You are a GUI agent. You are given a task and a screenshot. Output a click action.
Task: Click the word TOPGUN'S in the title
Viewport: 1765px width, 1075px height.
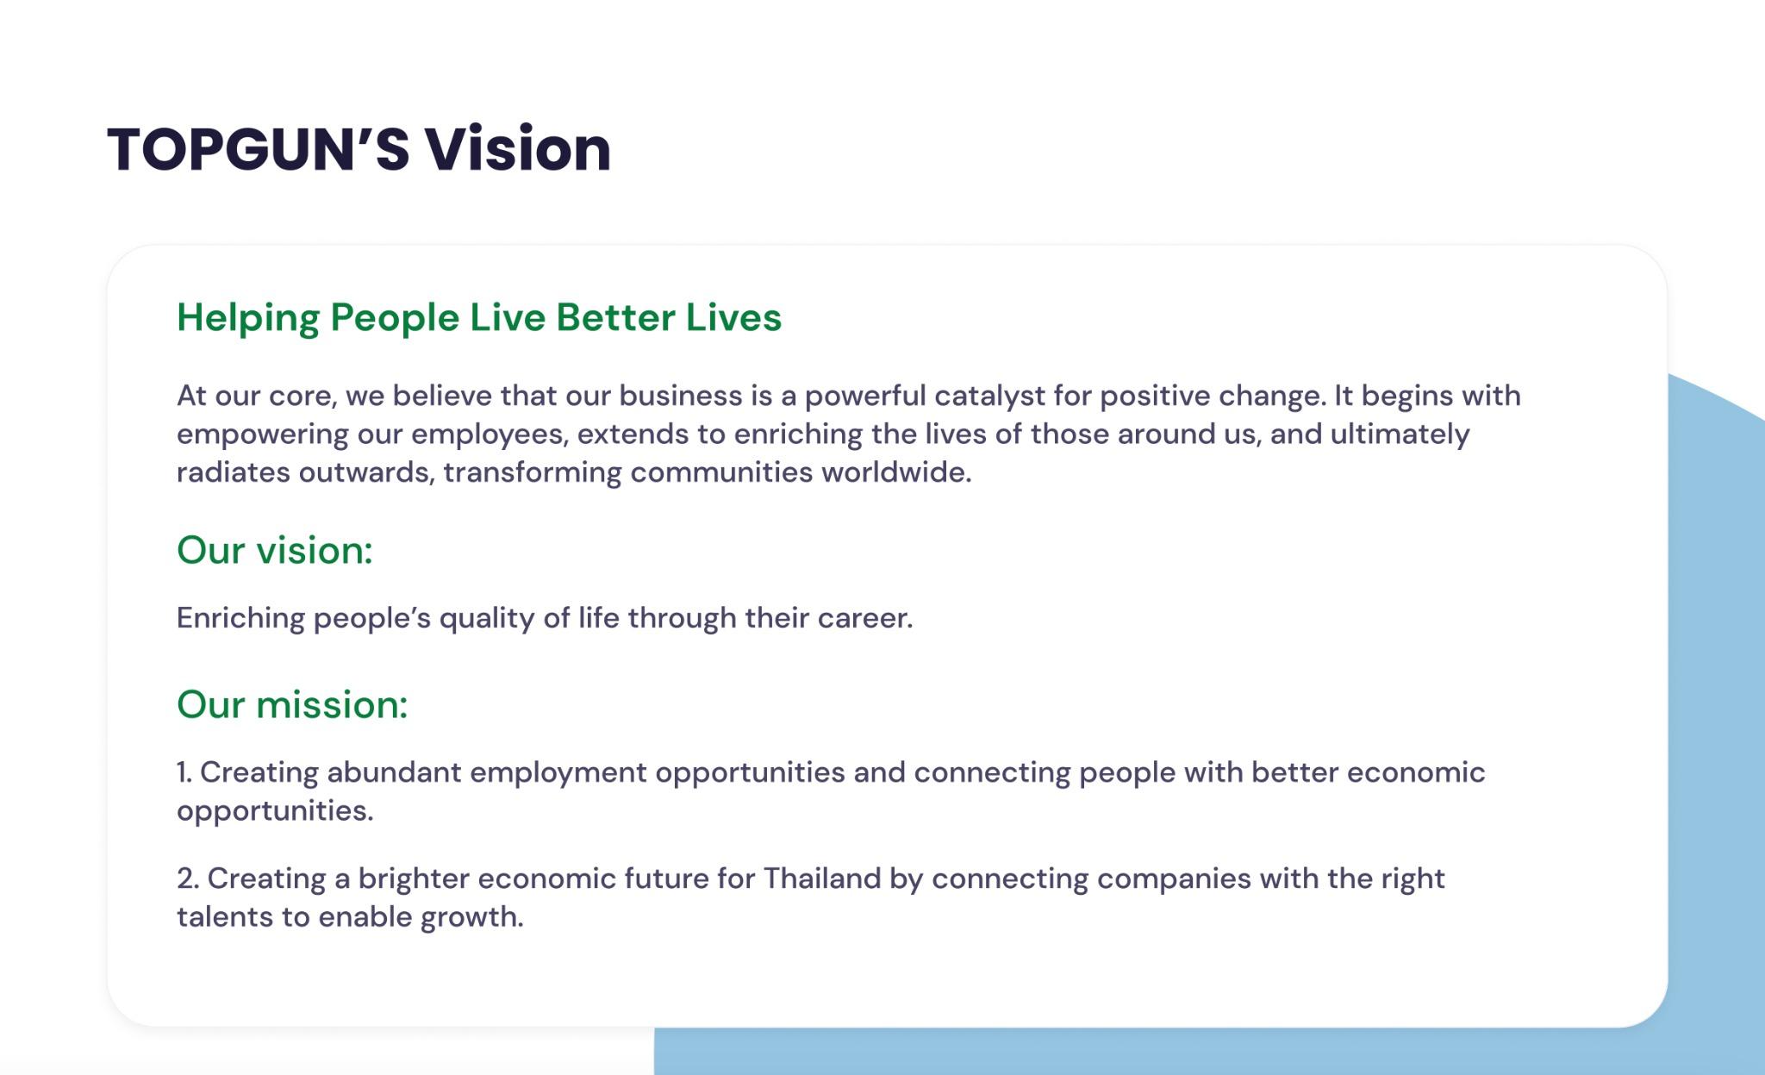tap(259, 148)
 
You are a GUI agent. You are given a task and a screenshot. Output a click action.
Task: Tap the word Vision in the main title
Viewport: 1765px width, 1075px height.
tap(518, 148)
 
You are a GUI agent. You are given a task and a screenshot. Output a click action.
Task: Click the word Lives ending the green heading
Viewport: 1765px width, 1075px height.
tap(733, 317)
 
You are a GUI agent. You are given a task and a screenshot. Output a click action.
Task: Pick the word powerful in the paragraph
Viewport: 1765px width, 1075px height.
tap(865, 397)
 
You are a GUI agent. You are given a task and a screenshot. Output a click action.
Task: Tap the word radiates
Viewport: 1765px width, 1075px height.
tap(234, 472)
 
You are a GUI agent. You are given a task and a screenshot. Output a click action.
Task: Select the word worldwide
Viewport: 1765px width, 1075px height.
tap(896, 472)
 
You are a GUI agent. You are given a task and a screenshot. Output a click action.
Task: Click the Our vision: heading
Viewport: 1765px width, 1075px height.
tap(275, 550)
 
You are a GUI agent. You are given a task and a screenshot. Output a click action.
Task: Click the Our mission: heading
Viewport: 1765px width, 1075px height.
tap(292, 704)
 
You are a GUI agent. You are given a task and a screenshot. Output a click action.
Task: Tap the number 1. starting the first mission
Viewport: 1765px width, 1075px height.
tap(184, 772)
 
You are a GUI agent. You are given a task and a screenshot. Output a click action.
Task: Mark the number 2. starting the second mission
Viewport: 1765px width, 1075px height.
tap(188, 878)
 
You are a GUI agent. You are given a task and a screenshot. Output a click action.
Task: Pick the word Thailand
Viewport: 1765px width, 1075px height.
tap(833, 878)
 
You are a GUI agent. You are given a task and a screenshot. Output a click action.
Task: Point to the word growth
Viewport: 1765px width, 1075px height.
tap(472, 917)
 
